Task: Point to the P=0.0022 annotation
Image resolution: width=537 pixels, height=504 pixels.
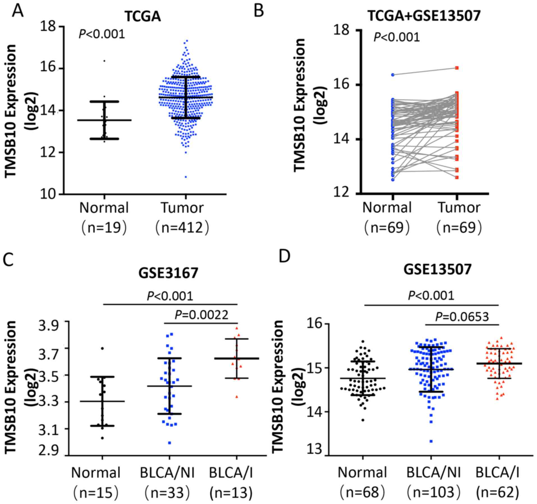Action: tap(201, 315)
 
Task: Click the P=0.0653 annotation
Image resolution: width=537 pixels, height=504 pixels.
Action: tap(462, 317)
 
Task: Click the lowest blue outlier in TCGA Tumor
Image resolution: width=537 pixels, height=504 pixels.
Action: tap(186, 177)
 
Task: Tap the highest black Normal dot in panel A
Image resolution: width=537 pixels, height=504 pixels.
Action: tap(104, 61)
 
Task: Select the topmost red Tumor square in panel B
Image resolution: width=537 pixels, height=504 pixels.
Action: tap(457, 68)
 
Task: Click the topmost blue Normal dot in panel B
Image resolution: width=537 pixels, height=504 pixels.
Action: tap(393, 75)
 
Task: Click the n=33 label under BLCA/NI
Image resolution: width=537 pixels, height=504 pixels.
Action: tap(168, 492)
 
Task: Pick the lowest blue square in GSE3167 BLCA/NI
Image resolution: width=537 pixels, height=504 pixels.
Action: tap(169, 443)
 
